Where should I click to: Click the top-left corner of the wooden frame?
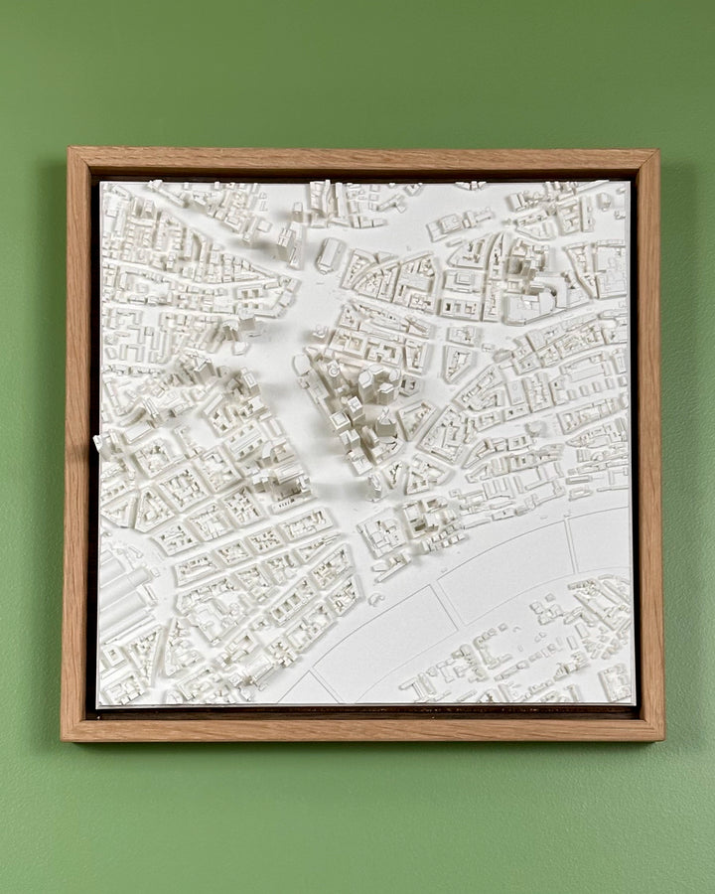(x=70, y=150)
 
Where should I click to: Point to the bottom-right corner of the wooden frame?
(x=662, y=739)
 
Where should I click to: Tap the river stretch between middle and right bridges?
(x=506, y=576)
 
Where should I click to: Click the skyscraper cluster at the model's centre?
(x=362, y=407)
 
